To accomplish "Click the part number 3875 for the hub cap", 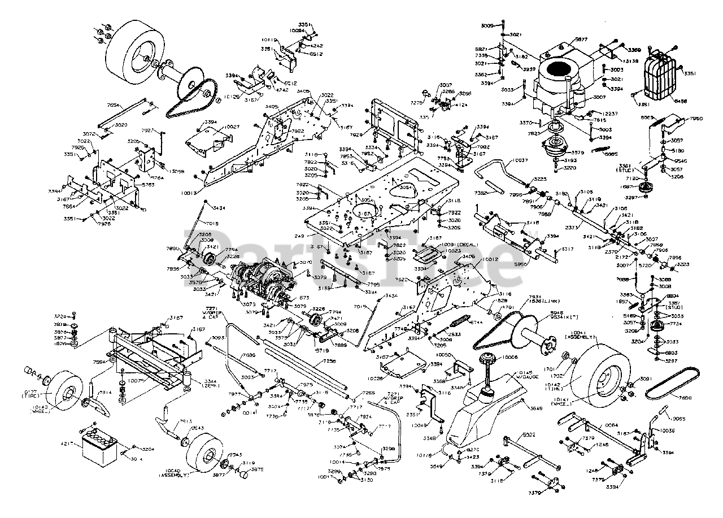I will tap(257, 469).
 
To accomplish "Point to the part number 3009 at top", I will tap(487, 25).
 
